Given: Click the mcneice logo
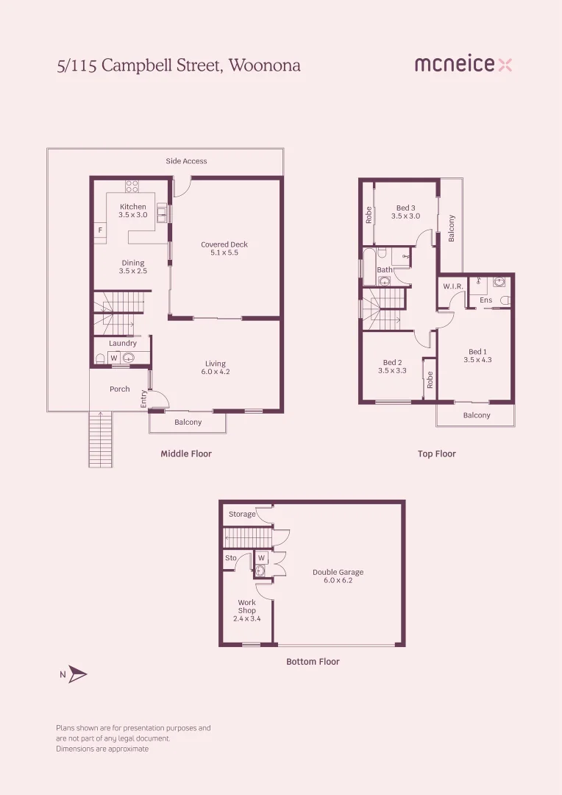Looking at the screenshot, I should click(463, 65).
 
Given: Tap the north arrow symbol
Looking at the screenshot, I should click(77, 674).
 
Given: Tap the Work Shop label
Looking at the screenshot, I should click(246, 607).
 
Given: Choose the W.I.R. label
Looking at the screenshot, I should click(452, 286).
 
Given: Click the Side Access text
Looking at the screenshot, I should click(186, 160).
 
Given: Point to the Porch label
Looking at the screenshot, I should click(120, 389).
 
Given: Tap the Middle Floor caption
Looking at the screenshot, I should click(186, 454).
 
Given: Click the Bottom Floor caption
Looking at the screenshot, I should click(313, 662).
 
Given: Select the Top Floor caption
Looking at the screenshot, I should click(437, 454).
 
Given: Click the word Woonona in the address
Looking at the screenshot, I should click(265, 65).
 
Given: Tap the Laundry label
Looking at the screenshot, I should click(123, 343).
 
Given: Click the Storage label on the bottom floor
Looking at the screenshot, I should click(242, 514).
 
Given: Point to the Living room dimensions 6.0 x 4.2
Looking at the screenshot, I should click(216, 372).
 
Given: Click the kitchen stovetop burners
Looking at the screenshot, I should click(132, 186).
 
